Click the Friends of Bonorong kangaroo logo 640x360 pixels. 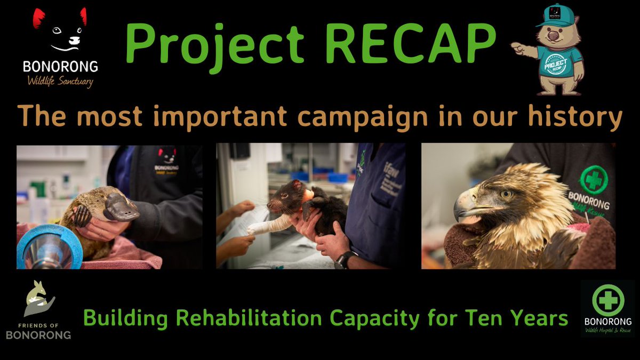coord(39,299)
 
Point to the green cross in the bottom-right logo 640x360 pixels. coord(607,299)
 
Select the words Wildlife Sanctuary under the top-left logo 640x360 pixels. coord(60,82)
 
